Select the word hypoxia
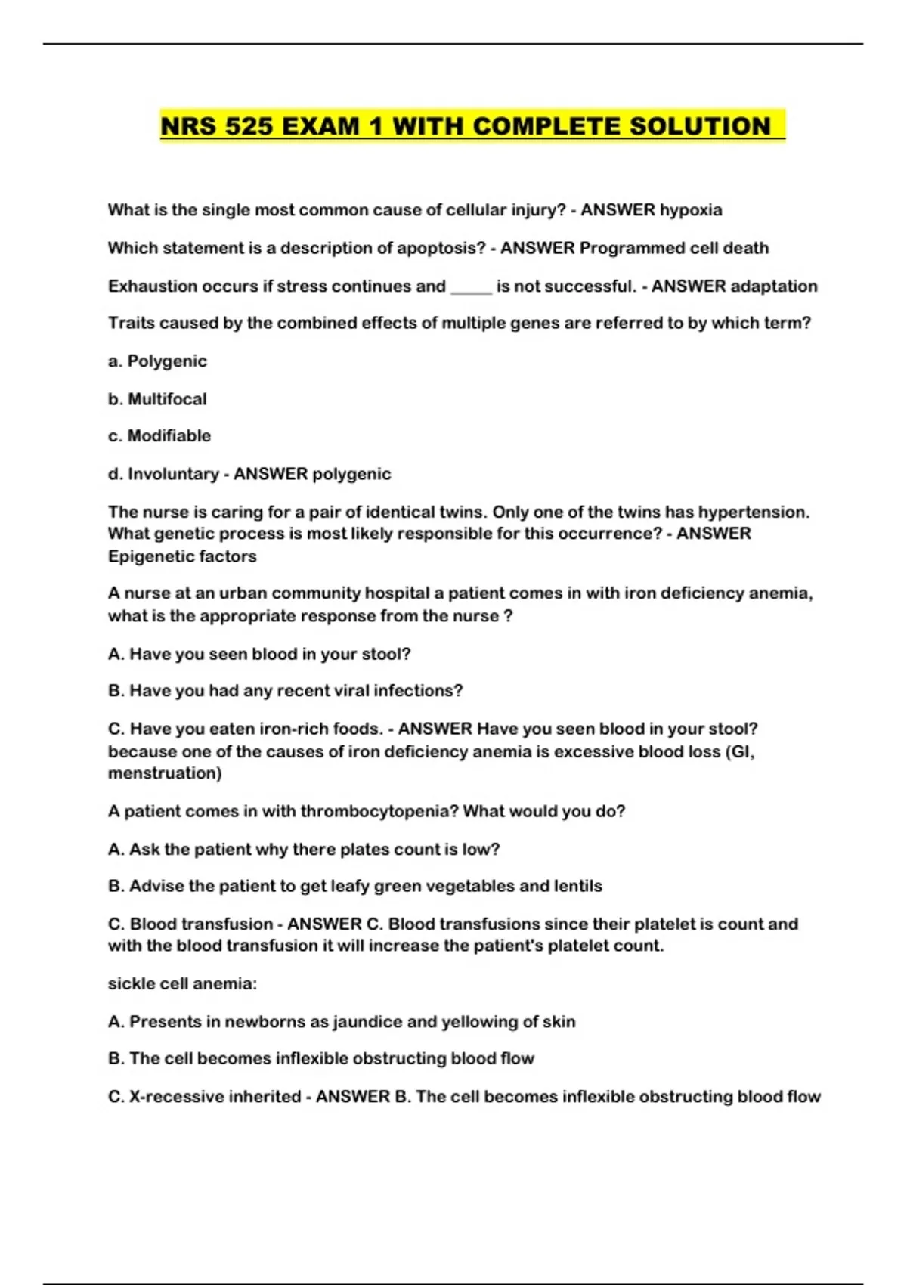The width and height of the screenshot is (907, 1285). click(691, 210)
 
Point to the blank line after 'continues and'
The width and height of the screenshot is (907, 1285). click(471, 287)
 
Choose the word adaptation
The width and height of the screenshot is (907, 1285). click(774, 286)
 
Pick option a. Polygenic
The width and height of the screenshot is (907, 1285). click(157, 361)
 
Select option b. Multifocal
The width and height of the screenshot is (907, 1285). click(157, 399)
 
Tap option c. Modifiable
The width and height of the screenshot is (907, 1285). click(159, 436)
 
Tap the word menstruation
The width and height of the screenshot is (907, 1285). click(165, 773)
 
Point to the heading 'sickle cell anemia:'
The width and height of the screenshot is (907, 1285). click(182, 984)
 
